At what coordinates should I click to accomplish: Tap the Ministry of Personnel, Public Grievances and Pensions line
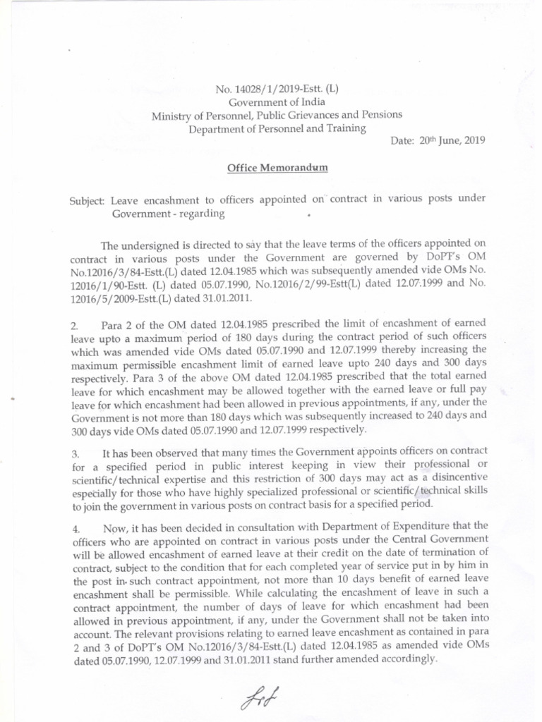[277, 115]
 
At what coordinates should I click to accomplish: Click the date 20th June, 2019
[438, 140]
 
